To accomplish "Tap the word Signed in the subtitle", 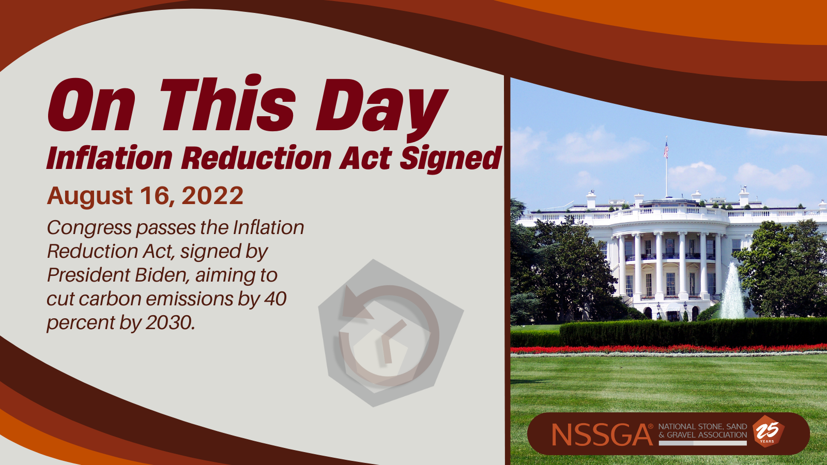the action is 451,159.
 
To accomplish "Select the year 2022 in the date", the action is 212,195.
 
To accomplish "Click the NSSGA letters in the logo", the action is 602,435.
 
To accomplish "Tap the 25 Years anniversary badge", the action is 768,431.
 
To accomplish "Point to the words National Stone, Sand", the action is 702,427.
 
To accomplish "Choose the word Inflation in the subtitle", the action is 110,158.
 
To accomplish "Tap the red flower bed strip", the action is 669,348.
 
